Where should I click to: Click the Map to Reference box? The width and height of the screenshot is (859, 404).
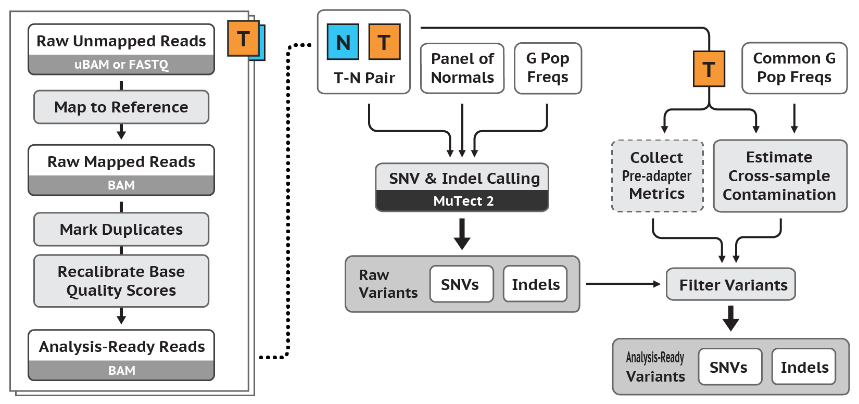(121, 107)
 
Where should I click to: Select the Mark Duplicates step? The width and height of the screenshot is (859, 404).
(121, 230)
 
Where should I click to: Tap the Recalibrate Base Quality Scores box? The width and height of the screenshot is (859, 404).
(121, 281)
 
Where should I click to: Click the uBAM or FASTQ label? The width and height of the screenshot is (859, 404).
(121, 65)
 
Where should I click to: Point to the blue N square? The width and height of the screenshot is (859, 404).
(343, 42)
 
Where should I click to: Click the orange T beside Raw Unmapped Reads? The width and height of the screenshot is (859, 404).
(243, 39)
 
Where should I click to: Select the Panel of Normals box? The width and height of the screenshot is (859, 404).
(462, 68)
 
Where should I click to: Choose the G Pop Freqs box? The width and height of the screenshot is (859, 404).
(548, 68)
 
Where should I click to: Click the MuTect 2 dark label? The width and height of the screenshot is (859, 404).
(462, 201)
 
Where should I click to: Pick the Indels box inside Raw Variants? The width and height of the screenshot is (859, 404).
(535, 284)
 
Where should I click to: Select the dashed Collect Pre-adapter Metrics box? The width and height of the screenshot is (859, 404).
(657, 176)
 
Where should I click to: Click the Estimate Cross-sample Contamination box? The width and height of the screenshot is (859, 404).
(780, 176)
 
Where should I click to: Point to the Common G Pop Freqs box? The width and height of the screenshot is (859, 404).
(794, 68)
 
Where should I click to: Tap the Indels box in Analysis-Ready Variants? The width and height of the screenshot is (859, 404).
(804, 367)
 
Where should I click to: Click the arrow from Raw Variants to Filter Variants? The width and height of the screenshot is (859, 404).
(623, 284)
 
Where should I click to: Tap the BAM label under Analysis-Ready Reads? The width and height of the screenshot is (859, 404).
(121, 371)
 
